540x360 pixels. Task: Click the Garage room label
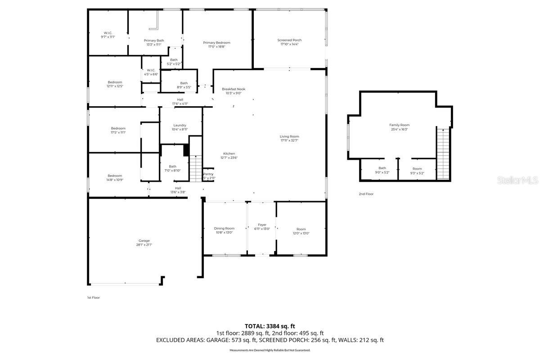pyautogui.click(x=144, y=241)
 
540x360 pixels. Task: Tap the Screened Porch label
pyautogui.click(x=289, y=40)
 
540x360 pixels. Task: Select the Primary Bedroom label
pyautogui.click(x=216, y=43)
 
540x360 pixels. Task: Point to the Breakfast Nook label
pyautogui.click(x=234, y=89)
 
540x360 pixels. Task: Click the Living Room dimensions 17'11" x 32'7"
pyautogui.click(x=289, y=140)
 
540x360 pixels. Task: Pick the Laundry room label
pyautogui.click(x=180, y=126)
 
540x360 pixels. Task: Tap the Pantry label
pyautogui.click(x=208, y=174)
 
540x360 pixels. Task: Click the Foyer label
pyautogui.click(x=262, y=225)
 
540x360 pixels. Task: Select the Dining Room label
pyautogui.click(x=224, y=228)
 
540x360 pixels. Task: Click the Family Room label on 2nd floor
pyautogui.click(x=399, y=125)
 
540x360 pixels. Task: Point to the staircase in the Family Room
pyautogui.click(x=443, y=153)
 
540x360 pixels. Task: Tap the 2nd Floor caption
pyautogui.click(x=366, y=194)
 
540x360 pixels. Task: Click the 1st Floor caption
pyautogui.click(x=93, y=297)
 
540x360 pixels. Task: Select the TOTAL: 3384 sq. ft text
pyautogui.click(x=270, y=326)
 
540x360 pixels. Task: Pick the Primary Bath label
pyautogui.click(x=154, y=40)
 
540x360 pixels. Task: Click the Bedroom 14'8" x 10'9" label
pyautogui.click(x=115, y=176)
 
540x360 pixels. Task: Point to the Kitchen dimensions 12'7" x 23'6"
pyautogui.click(x=229, y=157)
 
